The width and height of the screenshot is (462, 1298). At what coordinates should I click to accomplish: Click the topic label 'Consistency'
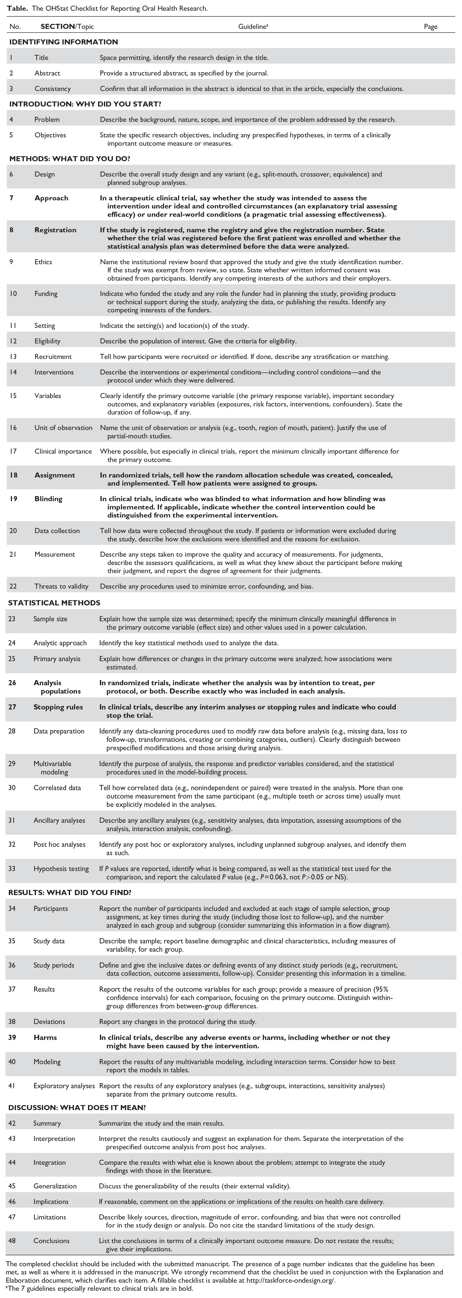point(52,89)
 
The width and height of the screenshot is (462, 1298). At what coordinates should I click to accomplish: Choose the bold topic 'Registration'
point(55,230)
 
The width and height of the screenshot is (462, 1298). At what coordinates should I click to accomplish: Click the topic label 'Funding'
point(46,294)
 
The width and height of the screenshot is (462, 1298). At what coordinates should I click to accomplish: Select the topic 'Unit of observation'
point(63,428)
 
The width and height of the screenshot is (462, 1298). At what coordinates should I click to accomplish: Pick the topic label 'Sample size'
point(50,619)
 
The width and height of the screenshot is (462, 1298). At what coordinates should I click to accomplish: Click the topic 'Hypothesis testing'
point(61,869)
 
